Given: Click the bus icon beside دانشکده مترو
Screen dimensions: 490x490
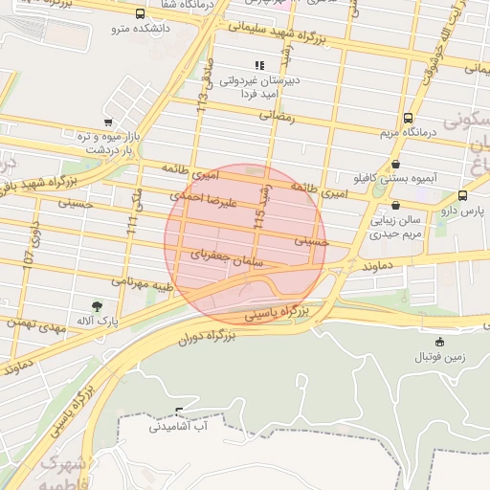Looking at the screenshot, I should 141,14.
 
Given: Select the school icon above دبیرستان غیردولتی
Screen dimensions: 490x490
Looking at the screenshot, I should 258,66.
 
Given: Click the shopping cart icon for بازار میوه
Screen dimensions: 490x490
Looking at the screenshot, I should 108,122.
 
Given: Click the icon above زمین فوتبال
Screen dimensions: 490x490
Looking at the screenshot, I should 439,342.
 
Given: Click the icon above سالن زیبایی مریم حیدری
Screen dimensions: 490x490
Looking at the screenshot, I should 396,205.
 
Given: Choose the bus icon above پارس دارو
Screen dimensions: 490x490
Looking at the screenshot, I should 463,194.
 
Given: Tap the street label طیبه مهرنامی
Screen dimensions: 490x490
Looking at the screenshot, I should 143,283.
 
